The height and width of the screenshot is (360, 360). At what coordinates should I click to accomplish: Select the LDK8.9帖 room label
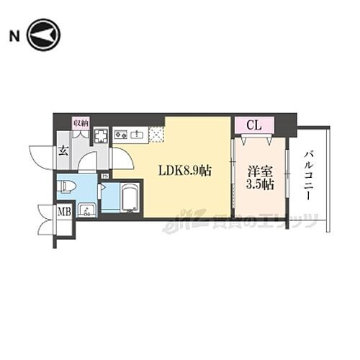click(x=185, y=171)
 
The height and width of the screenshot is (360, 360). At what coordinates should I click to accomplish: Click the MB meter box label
click(x=63, y=212)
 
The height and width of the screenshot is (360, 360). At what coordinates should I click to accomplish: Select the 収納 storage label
click(x=81, y=124)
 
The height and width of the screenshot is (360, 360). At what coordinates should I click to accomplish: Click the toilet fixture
click(x=69, y=186)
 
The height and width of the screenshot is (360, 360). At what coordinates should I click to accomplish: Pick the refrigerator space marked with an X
click(x=156, y=133)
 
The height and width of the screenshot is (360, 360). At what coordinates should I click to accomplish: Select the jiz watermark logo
click(x=176, y=225)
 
